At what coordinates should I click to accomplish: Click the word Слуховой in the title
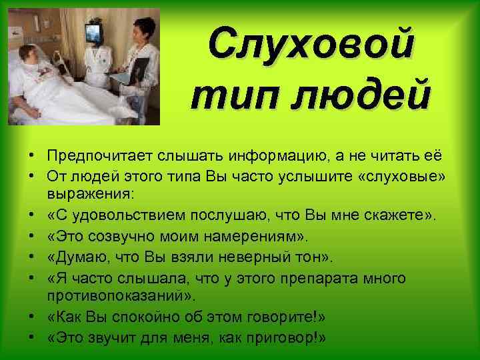(310, 46)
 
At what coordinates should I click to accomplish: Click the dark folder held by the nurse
(141, 69)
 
